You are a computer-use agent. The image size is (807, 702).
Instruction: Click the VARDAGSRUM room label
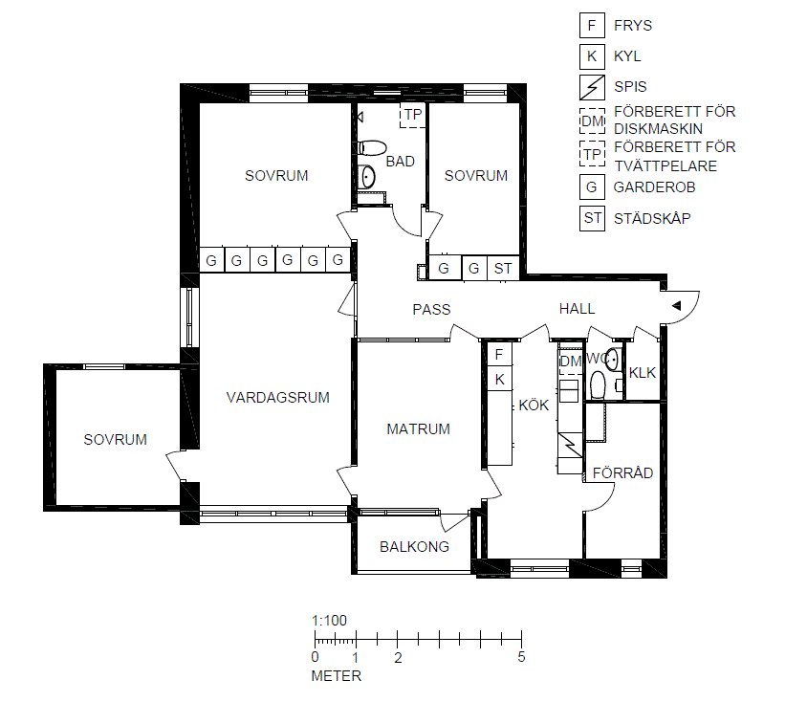point(278,397)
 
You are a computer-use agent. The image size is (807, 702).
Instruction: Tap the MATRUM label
point(419,428)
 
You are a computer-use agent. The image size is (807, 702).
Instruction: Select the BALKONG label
point(414,546)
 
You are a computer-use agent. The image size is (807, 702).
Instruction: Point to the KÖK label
point(534,406)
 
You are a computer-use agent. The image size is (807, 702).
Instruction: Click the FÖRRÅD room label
point(622,472)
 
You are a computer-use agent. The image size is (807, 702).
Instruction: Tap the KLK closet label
point(643,373)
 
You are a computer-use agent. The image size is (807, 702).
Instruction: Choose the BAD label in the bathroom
point(401,161)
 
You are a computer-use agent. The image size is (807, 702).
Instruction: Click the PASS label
point(431,309)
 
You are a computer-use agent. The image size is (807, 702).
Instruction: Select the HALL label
point(577,309)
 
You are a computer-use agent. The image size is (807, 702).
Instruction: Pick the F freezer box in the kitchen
point(499,354)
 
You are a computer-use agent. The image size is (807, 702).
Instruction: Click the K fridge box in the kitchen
point(499,380)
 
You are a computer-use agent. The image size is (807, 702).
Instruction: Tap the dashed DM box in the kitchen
point(570,362)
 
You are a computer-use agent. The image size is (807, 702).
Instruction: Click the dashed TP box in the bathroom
point(413,115)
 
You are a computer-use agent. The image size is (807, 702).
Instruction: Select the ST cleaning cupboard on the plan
point(503,268)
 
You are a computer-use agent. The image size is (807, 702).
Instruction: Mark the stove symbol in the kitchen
point(570,445)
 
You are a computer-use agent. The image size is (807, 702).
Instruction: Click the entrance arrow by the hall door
point(676,306)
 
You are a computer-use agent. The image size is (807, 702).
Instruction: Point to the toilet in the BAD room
point(372,148)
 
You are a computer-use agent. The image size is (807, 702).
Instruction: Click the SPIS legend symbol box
point(592,87)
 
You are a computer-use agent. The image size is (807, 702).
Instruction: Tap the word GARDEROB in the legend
point(654,187)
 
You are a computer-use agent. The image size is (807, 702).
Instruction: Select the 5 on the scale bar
point(521,657)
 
